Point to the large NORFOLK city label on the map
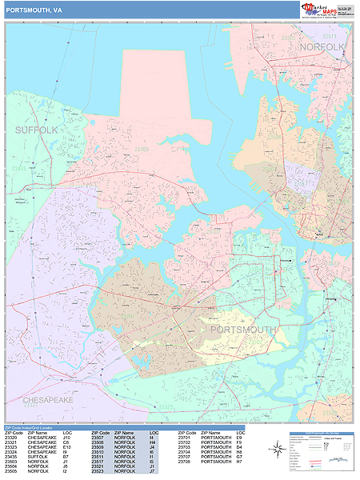(x=322, y=47)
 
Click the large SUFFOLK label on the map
(x=36, y=129)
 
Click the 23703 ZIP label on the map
(x=142, y=149)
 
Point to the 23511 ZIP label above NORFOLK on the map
(x=329, y=37)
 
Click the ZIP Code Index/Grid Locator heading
(x=31, y=429)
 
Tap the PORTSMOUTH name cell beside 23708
(x=216, y=461)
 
